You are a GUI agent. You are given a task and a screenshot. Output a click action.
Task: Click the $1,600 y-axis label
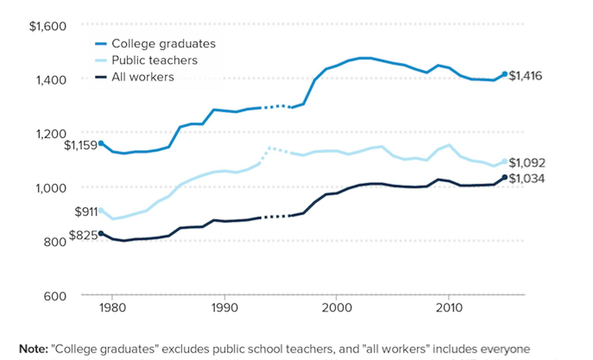click(x=48, y=26)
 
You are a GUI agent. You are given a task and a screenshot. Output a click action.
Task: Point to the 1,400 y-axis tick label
click(x=51, y=80)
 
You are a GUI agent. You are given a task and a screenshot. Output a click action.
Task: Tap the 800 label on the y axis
click(x=55, y=242)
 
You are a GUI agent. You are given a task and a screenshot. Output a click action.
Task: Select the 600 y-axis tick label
click(x=55, y=296)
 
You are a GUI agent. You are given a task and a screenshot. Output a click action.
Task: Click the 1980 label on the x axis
click(x=113, y=308)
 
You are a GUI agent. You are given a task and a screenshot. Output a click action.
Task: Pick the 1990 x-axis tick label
click(x=225, y=308)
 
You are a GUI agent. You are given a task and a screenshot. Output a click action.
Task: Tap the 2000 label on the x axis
click(x=337, y=308)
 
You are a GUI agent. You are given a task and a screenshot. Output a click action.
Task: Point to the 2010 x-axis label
click(x=449, y=308)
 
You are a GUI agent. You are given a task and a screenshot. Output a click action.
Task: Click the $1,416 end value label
click(x=526, y=76)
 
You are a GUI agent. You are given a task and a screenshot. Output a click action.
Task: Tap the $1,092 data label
click(x=527, y=163)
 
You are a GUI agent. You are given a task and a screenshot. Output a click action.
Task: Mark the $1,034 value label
click(x=527, y=179)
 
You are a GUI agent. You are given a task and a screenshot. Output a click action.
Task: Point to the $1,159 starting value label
click(x=80, y=145)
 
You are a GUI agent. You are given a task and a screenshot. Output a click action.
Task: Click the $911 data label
click(x=86, y=212)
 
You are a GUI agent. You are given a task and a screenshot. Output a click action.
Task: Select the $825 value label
click(x=83, y=235)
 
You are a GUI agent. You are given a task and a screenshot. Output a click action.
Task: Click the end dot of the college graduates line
click(x=505, y=74)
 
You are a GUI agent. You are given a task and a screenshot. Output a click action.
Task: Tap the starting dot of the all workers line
click(x=101, y=233)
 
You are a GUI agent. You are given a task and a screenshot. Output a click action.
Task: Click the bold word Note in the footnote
click(x=34, y=349)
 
